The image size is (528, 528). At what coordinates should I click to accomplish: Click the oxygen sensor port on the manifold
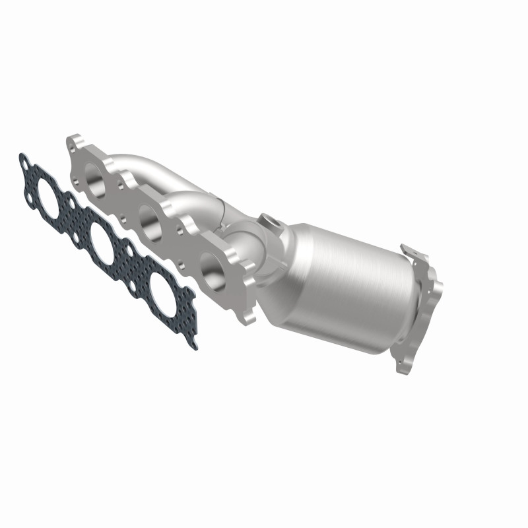269,220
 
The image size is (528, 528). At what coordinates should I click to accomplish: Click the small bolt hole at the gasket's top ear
25,161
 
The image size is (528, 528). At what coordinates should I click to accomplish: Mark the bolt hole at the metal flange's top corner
74,141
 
